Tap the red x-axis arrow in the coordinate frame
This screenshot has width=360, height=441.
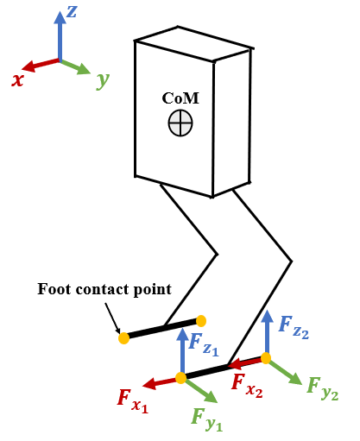click(40, 65)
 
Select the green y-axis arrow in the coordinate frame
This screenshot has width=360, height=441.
click(76, 66)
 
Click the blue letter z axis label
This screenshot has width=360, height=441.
click(73, 11)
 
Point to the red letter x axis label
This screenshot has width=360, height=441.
click(17, 79)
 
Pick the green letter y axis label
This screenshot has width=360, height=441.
click(103, 80)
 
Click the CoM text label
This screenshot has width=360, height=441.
click(180, 98)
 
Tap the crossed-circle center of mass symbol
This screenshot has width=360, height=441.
click(180, 123)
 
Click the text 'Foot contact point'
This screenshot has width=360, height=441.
click(104, 289)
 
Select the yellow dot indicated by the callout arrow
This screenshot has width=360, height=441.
click(123, 338)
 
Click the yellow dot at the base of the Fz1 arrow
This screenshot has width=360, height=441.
click(180, 377)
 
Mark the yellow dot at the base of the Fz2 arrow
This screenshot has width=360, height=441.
click(266, 357)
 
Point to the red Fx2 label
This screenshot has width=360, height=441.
click(247, 383)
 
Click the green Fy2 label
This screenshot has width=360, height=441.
click(322, 387)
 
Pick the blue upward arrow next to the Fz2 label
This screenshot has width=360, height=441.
click(266, 332)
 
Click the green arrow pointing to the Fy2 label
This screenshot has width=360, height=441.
click(285, 372)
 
